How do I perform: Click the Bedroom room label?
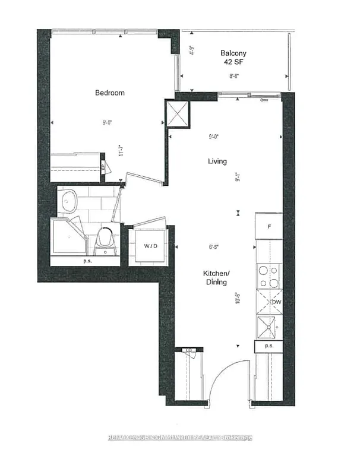pyautogui.click(x=110, y=93)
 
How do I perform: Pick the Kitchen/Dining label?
pyautogui.click(x=214, y=277)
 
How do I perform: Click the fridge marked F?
pyautogui.click(x=269, y=226)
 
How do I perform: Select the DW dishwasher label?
pyautogui.click(x=276, y=302)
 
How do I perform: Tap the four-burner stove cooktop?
pyautogui.click(x=268, y=276)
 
